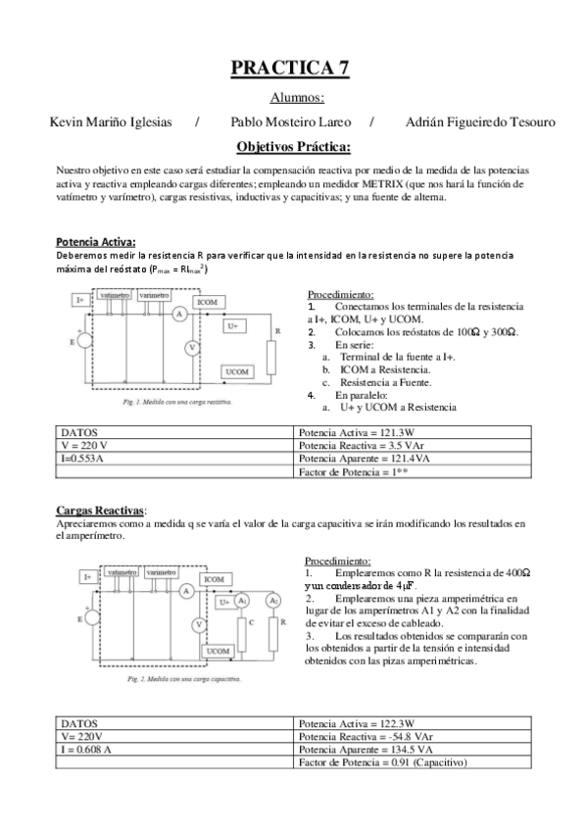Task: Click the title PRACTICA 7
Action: (x=290, y=68)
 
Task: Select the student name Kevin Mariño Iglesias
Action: (x=110, y=122)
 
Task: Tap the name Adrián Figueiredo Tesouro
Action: (x=479, y=122)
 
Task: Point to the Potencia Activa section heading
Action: (x=96, y=242)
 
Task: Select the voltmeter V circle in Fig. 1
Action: (x=193, y=348)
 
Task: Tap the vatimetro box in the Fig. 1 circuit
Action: (x=115, y=295)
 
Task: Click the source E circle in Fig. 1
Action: (x=84, y=341)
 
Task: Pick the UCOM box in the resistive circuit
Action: (x=236, y=372)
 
